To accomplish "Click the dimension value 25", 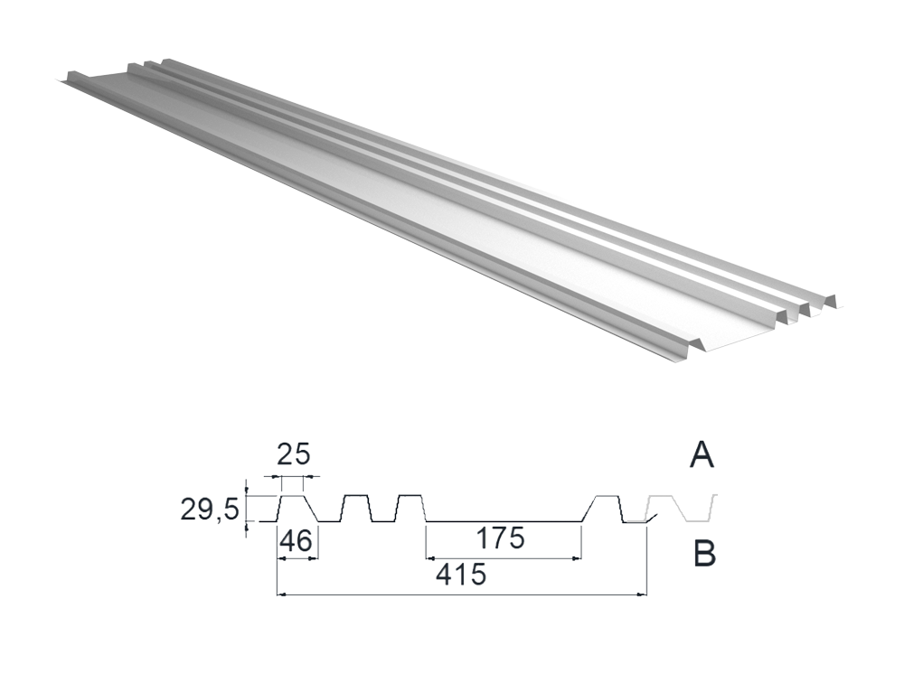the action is tap(294, 454).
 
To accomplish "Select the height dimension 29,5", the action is tap(210, 509).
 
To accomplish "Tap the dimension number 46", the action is tap(297, 541).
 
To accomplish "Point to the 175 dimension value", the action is tap(501, 538).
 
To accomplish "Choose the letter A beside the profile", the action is tap(702, 454).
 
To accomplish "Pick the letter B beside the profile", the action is tap(704, 555).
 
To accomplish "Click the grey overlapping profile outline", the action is tap(681, 508).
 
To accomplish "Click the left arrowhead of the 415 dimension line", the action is tap(281, 594).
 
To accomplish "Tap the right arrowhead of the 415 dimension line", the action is tap(642, 594).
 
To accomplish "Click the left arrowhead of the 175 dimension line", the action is tap(430, 558).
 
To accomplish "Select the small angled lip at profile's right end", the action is tap(648, 519).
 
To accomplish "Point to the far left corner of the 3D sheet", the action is tap(58, 80).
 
